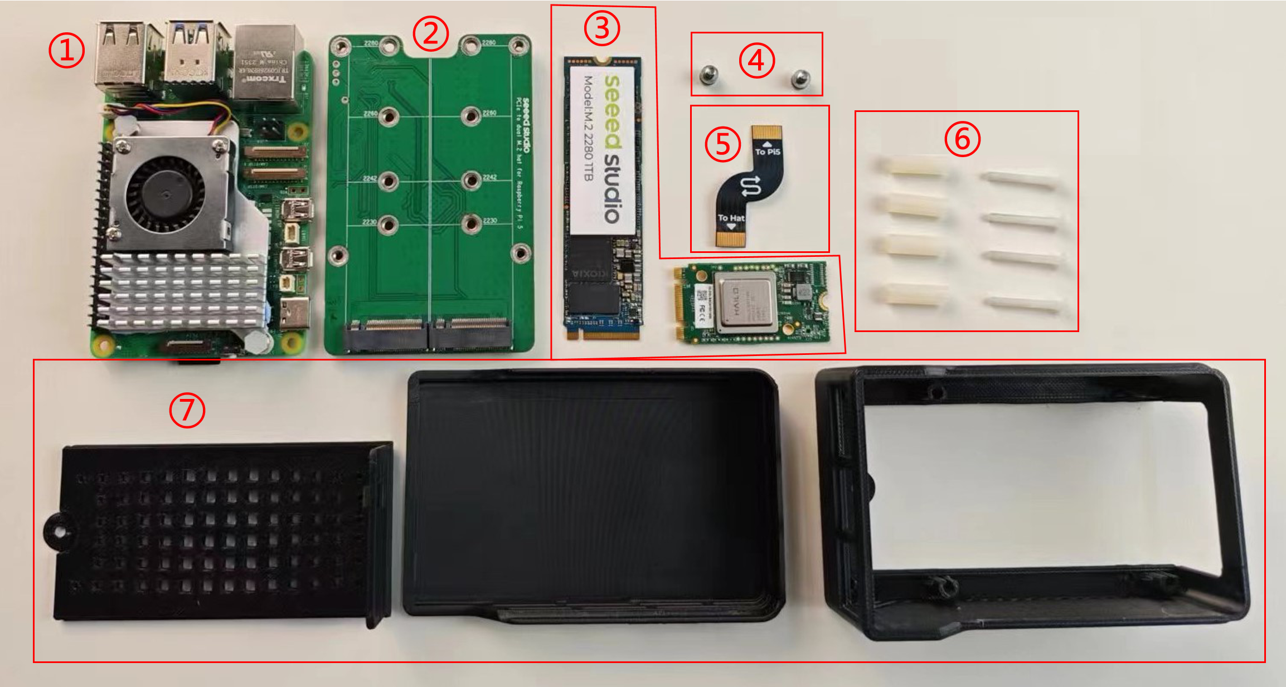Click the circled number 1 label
click(x=66, y=50)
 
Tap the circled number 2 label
click(x=430, y=33)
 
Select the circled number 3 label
click(x=601, y=28)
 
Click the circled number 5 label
click(x=722, y=144)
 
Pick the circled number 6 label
click(x=962, y=138)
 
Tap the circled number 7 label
click(x=187, y=410)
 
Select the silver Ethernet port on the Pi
click(x=268, y=62)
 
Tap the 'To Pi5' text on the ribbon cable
click(x=767, y=152)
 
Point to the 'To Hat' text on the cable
click(x=731, y=218)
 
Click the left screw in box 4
click(x=708, y=75)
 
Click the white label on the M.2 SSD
click(x=602, y=150)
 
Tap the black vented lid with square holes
click(x=217, y=532)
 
